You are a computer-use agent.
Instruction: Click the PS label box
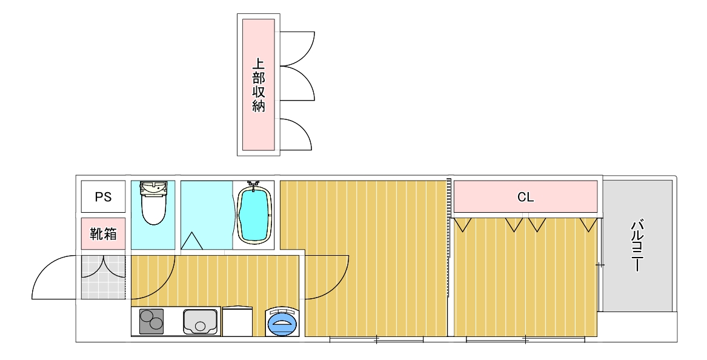click(x=103, y=197)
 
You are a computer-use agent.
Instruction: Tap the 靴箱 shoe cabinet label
click(x=103, y=233)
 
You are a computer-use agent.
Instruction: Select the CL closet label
click(x=525, y=197)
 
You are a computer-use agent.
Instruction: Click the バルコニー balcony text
click(x=637, y=246)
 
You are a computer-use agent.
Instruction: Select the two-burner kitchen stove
click(x=151, y=321)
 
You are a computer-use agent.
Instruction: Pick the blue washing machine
click(x=282, y=322)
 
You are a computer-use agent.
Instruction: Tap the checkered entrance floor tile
click(x=103, y=276)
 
